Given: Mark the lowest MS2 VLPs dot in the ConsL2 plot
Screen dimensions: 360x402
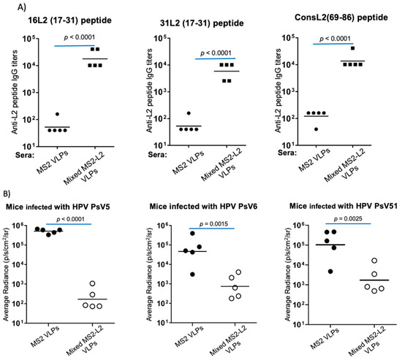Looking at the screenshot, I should click(316, 129).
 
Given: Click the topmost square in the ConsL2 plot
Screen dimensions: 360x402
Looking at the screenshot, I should click(352, 48).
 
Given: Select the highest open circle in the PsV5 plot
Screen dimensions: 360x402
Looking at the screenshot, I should click(94, 283).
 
